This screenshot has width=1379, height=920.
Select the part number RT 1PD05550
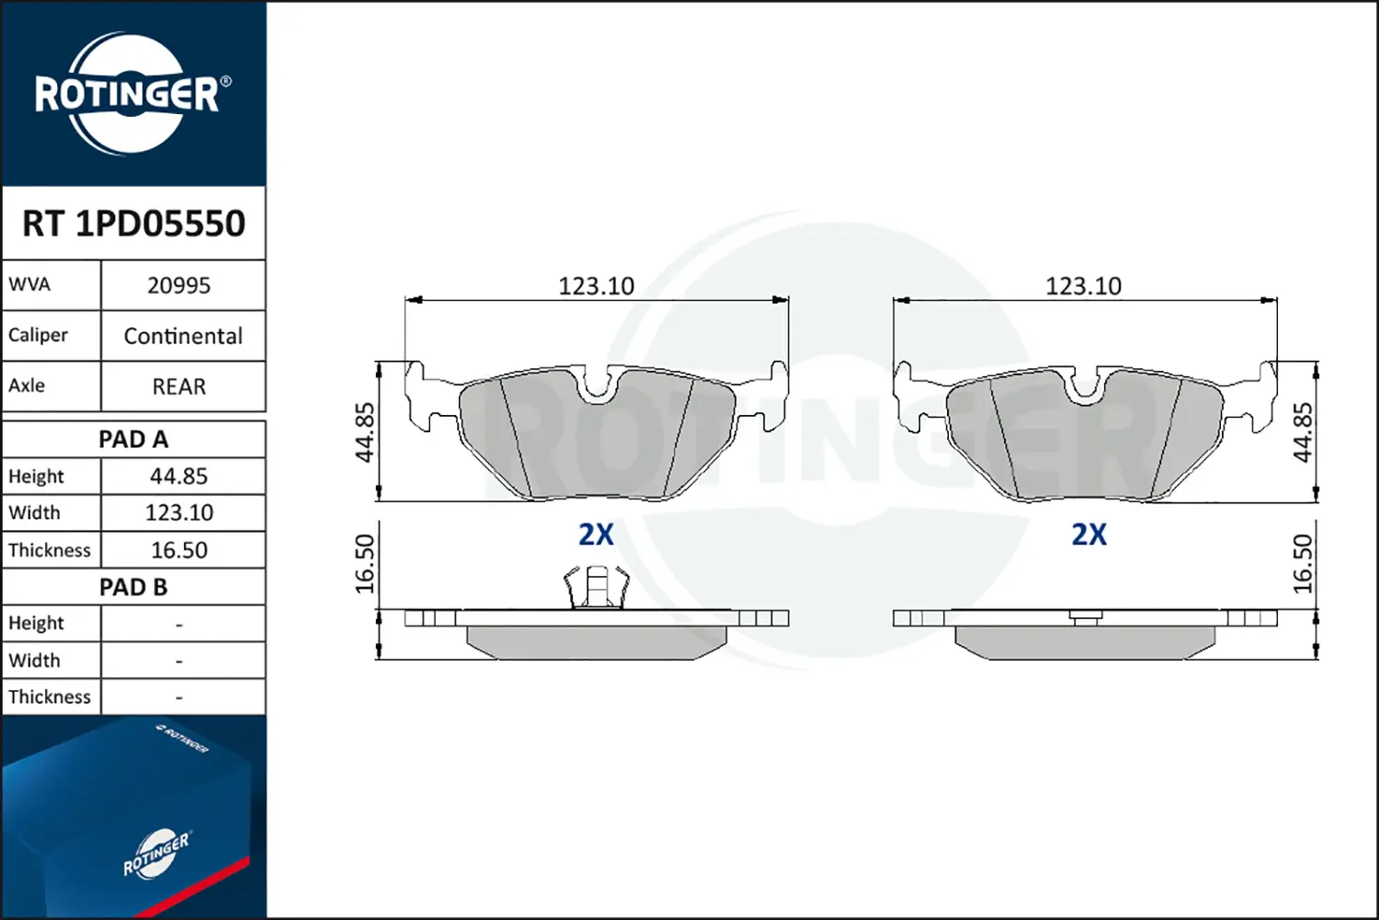[133, 224]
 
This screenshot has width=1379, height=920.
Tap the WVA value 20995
[179, 286]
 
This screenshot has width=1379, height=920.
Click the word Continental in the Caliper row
[183, 336]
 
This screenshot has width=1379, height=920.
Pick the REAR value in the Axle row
[179, 386]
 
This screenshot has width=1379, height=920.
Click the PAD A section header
[133, 440]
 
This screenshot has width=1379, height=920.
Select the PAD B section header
[133, 587]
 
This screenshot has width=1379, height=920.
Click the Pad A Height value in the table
[179, 477]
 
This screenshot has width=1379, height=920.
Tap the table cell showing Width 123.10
[179, 512]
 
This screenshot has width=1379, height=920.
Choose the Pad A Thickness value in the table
[179, 550]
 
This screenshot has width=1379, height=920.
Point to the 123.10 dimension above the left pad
[596, 286]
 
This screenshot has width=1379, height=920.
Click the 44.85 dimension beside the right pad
[1303, 431]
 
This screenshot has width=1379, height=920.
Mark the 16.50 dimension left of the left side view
[365, 563]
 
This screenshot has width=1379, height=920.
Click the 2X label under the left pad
[596, 535]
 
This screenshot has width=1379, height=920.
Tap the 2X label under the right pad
[1089, 535]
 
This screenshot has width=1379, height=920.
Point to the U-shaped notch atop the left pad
[598, 386]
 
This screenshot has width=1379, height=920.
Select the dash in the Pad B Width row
[179, 661]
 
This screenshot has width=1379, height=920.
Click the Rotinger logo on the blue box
[156, 855]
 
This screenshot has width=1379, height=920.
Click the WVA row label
[29, 284]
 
